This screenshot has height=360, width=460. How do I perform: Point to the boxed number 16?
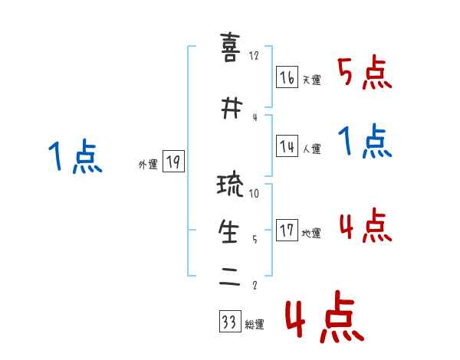pyautogui.click(x=287, y=77)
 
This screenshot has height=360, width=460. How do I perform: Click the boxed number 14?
pyautogui.click(x=287, y=147)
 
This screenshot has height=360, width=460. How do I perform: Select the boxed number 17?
pyautogui.click(x=287, y=231)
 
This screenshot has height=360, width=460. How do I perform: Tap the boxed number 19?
pyautogui.click(x=173, y=162)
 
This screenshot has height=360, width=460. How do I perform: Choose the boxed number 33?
pyautogui.click(x=228, y=322)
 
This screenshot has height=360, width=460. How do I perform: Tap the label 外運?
pyautogui.click(x=147, y=165)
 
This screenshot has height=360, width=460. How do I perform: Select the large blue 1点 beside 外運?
pyautogui.click(x=75, y=158)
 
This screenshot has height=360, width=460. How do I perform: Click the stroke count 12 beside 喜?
pyautogui.click(x=255, y=56)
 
